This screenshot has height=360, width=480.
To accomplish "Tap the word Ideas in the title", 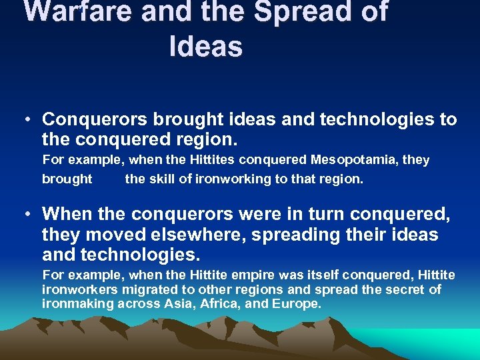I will (205, 47).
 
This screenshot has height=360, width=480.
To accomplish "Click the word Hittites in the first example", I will (210, 160).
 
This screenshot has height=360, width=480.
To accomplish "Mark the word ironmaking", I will (77, 304).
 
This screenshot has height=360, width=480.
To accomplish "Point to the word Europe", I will (297, 304).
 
